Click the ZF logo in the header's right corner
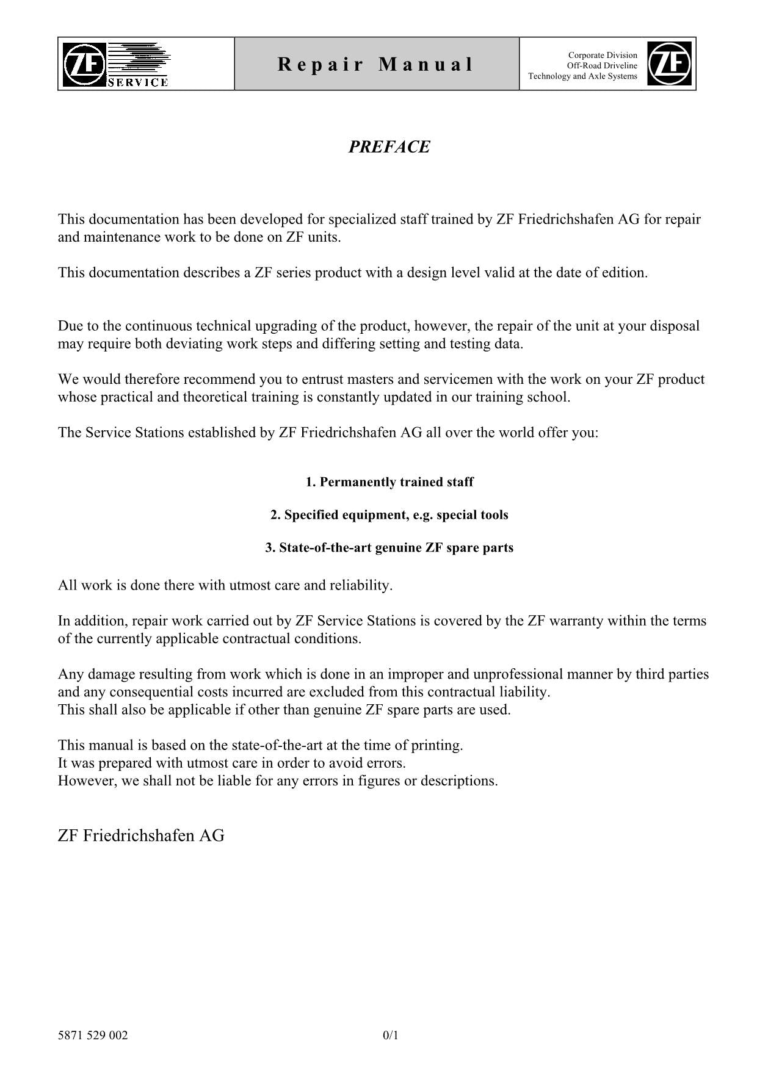[669, 63]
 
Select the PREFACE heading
[389, 147]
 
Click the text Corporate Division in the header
[603, 55]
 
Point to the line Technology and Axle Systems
[582, 76]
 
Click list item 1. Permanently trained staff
[389, 482]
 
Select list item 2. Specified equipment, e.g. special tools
[389, 515]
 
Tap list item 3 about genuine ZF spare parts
[389, 547]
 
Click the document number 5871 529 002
[93, 1035]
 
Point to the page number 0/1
[390, 1035]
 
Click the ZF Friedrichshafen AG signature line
[141, 835]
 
